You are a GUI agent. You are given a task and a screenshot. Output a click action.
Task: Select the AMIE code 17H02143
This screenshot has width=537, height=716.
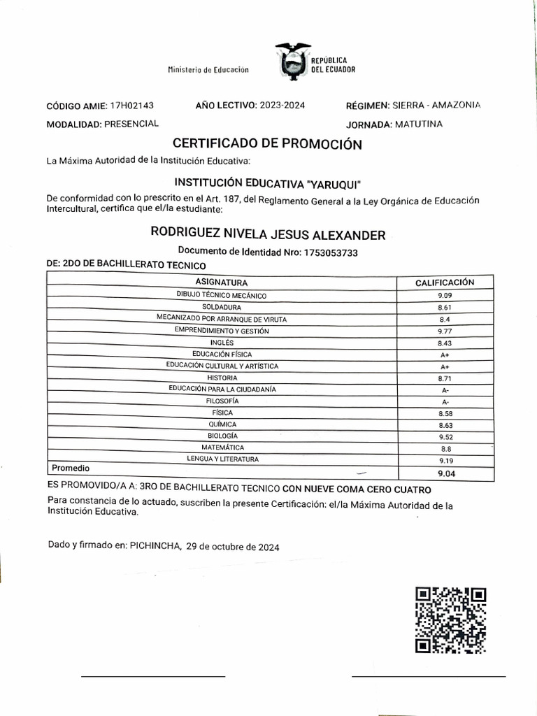tap(132, 106)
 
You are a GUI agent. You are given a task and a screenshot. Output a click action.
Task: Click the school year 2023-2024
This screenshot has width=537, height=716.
tap(282, 105)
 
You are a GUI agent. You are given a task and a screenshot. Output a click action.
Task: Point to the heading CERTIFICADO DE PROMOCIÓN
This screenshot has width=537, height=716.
tap(267, 145)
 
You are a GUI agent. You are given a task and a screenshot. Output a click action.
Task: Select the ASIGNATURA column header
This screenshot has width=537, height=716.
tap(222, 282)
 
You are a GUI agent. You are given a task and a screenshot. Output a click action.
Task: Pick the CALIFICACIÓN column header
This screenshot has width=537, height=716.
tap(445, 282)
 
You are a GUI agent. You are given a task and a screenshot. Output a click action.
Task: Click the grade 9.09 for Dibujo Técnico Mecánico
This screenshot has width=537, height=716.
tap(445, 296)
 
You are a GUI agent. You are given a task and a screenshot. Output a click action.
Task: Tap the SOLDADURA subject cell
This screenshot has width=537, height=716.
tap(222, 307)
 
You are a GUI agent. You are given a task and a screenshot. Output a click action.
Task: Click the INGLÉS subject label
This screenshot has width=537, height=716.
tap(222, 343)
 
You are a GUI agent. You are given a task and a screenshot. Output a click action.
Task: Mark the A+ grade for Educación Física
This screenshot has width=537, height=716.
tap(445, 355)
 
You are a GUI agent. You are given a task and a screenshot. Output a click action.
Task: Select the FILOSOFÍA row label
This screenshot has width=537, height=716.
tap(222, 401)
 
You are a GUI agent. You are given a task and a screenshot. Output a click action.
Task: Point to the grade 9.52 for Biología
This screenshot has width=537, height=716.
tap(445, 436)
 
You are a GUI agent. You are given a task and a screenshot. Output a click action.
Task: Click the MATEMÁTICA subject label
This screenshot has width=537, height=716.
tap(222, 447)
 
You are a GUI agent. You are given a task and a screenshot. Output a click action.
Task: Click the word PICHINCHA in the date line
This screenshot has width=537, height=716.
tap(155, 547)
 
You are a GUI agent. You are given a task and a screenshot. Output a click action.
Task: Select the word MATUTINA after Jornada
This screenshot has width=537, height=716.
tap(418, 124)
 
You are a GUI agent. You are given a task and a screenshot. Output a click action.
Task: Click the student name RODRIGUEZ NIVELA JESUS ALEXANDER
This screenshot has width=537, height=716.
tap(268, 234)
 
